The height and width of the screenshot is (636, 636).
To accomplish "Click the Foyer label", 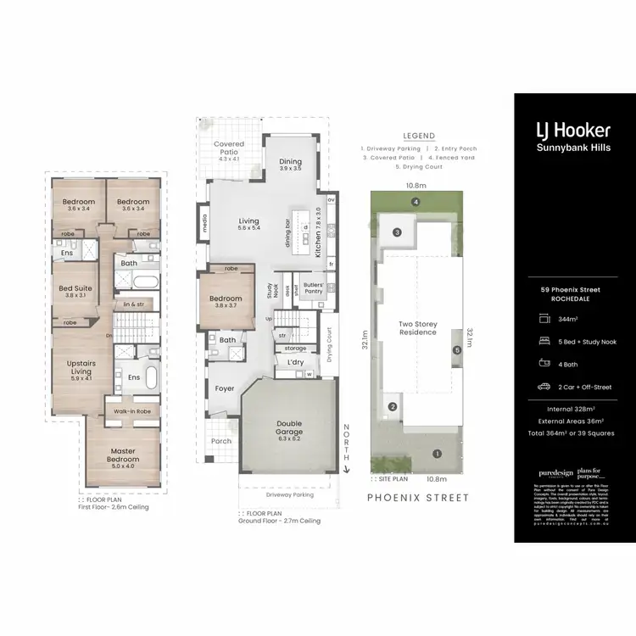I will click(225, 389).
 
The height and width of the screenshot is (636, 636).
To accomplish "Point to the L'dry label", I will click(296, 362).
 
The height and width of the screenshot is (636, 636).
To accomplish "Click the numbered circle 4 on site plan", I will click(416, 202).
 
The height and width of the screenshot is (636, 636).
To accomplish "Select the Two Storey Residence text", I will click(417, 328).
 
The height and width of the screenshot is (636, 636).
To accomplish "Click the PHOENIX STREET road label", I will click(416, 498).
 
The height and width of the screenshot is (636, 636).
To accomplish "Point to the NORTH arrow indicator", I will click(346, 444).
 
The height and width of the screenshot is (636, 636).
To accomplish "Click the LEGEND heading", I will click(419, 136).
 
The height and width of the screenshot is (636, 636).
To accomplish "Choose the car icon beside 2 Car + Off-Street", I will click(542, 388).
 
